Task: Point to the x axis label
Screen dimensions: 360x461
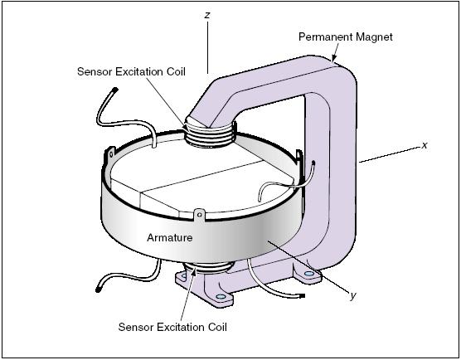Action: (425, 144)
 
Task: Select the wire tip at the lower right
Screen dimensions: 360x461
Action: (303, 294)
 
